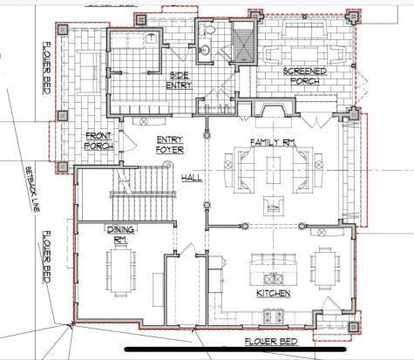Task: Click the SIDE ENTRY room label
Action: coord(179,81)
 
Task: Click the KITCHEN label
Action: coord(273,294)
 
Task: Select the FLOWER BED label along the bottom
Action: coord(271,341)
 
